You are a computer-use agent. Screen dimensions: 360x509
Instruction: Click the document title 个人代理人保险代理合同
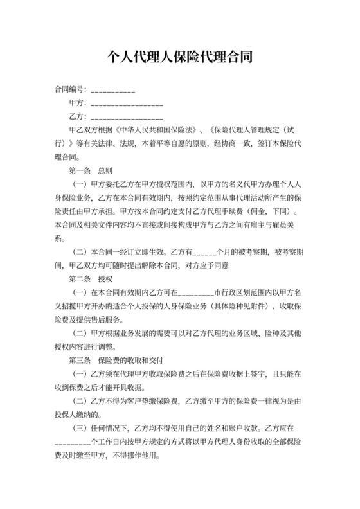179,56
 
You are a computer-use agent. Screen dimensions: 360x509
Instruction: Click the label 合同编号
69,89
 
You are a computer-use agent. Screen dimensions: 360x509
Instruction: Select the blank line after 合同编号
113,90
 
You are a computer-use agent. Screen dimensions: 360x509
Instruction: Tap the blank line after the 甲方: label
127,104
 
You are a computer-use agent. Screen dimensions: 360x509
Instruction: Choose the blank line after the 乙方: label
127,118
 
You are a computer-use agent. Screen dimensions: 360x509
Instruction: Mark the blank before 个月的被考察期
204,251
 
